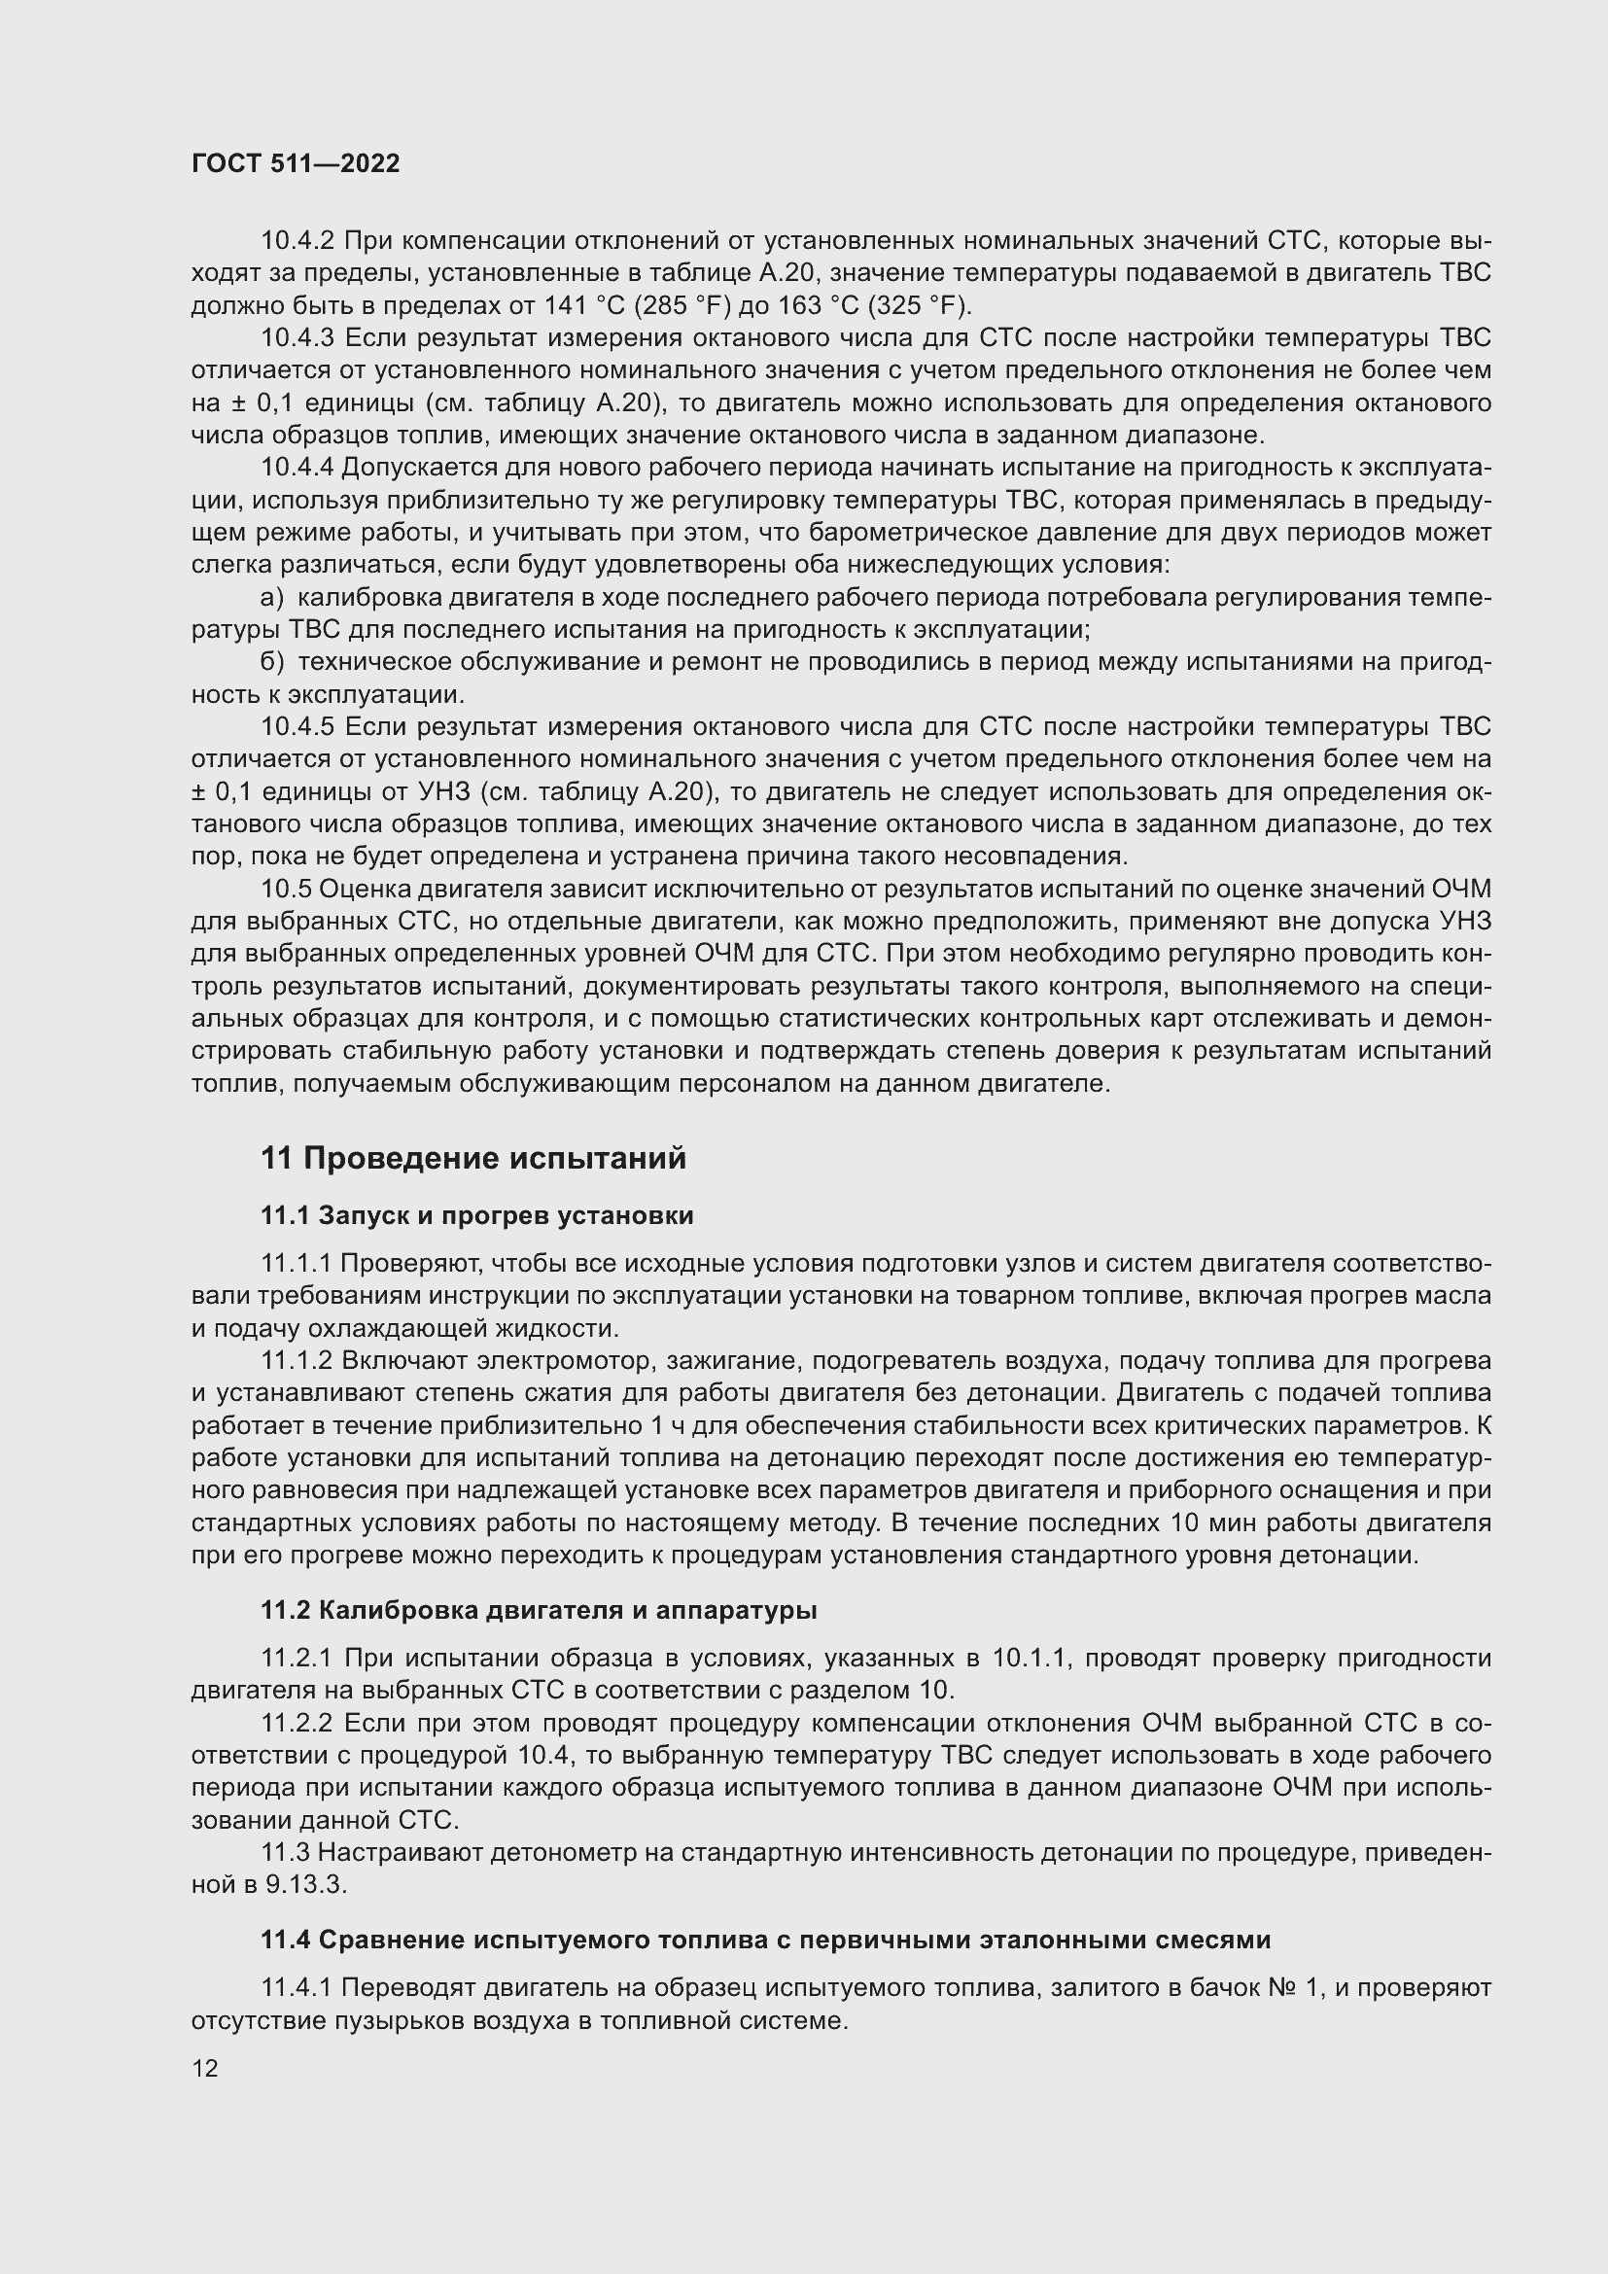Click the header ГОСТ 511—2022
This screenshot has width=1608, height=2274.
[x=296, y=163]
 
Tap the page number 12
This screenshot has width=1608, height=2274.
[x=205, y=2068]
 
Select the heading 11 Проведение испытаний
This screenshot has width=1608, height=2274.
[x=473, y=1158]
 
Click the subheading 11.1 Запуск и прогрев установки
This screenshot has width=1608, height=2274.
[x=477, y=1215]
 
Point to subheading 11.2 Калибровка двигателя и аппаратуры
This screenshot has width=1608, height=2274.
[x=539, y=1610]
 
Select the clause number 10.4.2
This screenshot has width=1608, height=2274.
[x=298, y=241]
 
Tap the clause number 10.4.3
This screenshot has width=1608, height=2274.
[x=298, y=337]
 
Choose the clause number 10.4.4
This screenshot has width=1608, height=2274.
[x=298, y=468]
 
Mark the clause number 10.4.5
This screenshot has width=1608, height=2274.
[x=298, y=727]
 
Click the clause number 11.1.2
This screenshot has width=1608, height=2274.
[x=298, y=1361]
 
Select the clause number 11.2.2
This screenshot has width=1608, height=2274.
[x=298, y=1724]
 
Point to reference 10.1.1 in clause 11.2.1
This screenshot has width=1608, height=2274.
[x=1033, y=1659]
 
